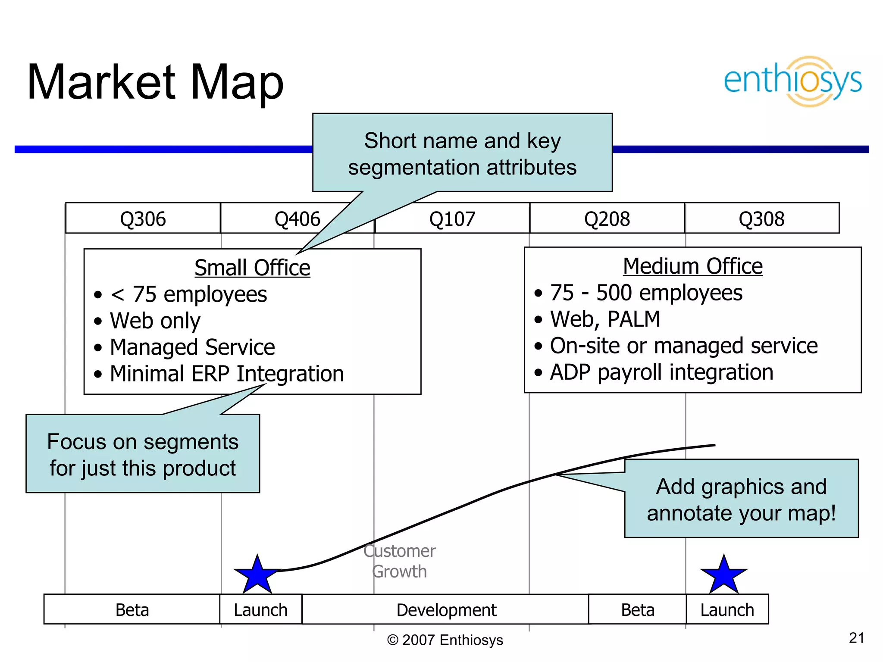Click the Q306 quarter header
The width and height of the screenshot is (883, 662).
pyautogui.click(x=143, y=219)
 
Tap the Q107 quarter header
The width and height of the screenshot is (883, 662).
pyautogui.click(x=452, y=219)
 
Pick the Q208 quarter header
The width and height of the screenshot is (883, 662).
pyautogui.click(x=607, y=219)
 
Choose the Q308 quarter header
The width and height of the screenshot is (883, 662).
pyautogui.click(x=761, y=219)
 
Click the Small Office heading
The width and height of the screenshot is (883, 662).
pyautogui.click(x=252, y=268)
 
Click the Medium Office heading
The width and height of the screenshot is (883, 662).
pyautogui.click(x=692, y=266)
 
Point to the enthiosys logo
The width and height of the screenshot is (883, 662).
pyautogui.click(x=792, y=81)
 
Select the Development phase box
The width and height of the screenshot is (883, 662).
pyautogui.click(x=446, y=610)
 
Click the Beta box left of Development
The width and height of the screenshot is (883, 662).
pyautogui.click(x=132, y=610)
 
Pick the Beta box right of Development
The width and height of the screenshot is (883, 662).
pyautogui.click(x=637, y=610)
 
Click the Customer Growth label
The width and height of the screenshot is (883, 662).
pyautogui.click(x=399, y=561)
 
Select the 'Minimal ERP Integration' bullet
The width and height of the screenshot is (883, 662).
pyautogui.click(x=226, y=374)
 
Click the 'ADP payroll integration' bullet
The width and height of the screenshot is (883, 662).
pyautogui.click(x=661, y=372)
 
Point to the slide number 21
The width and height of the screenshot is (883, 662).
pyautogui.click(x=856, y=638)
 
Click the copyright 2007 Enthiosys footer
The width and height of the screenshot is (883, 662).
pyautogui.click(x=445, y=640)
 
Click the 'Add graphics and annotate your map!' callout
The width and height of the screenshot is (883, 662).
pyautogui.click(x=741, y=499)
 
